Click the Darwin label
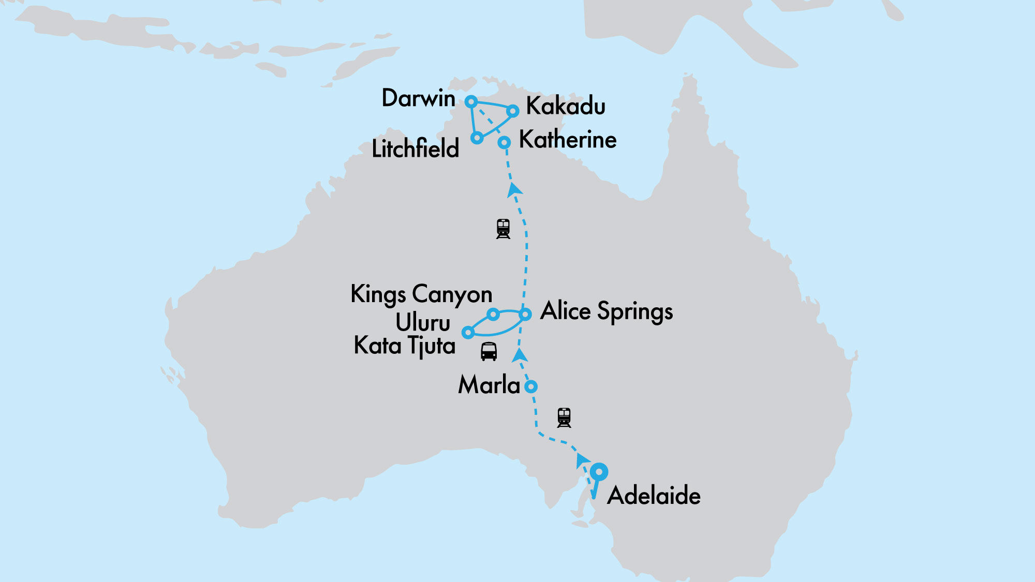point(418,98)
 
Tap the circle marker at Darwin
point(471,101)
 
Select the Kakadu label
point(566,107)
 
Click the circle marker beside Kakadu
point(512,111)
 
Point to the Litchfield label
point(416,149)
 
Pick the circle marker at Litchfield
point(477,138)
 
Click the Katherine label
point(568,140)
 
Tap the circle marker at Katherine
point(504,142)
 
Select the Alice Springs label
point(607,311)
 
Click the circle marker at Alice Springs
point(525,314)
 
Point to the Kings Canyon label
point(421,294)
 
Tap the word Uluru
point(423,323)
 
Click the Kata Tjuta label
point(405,346)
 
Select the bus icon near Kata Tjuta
point(489,351)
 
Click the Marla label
point(489,385)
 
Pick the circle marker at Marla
point(531,386)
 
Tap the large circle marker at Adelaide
point(599,472)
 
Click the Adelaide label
point(654,496)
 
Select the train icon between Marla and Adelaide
point(564,417)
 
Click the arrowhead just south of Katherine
point(514,189)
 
